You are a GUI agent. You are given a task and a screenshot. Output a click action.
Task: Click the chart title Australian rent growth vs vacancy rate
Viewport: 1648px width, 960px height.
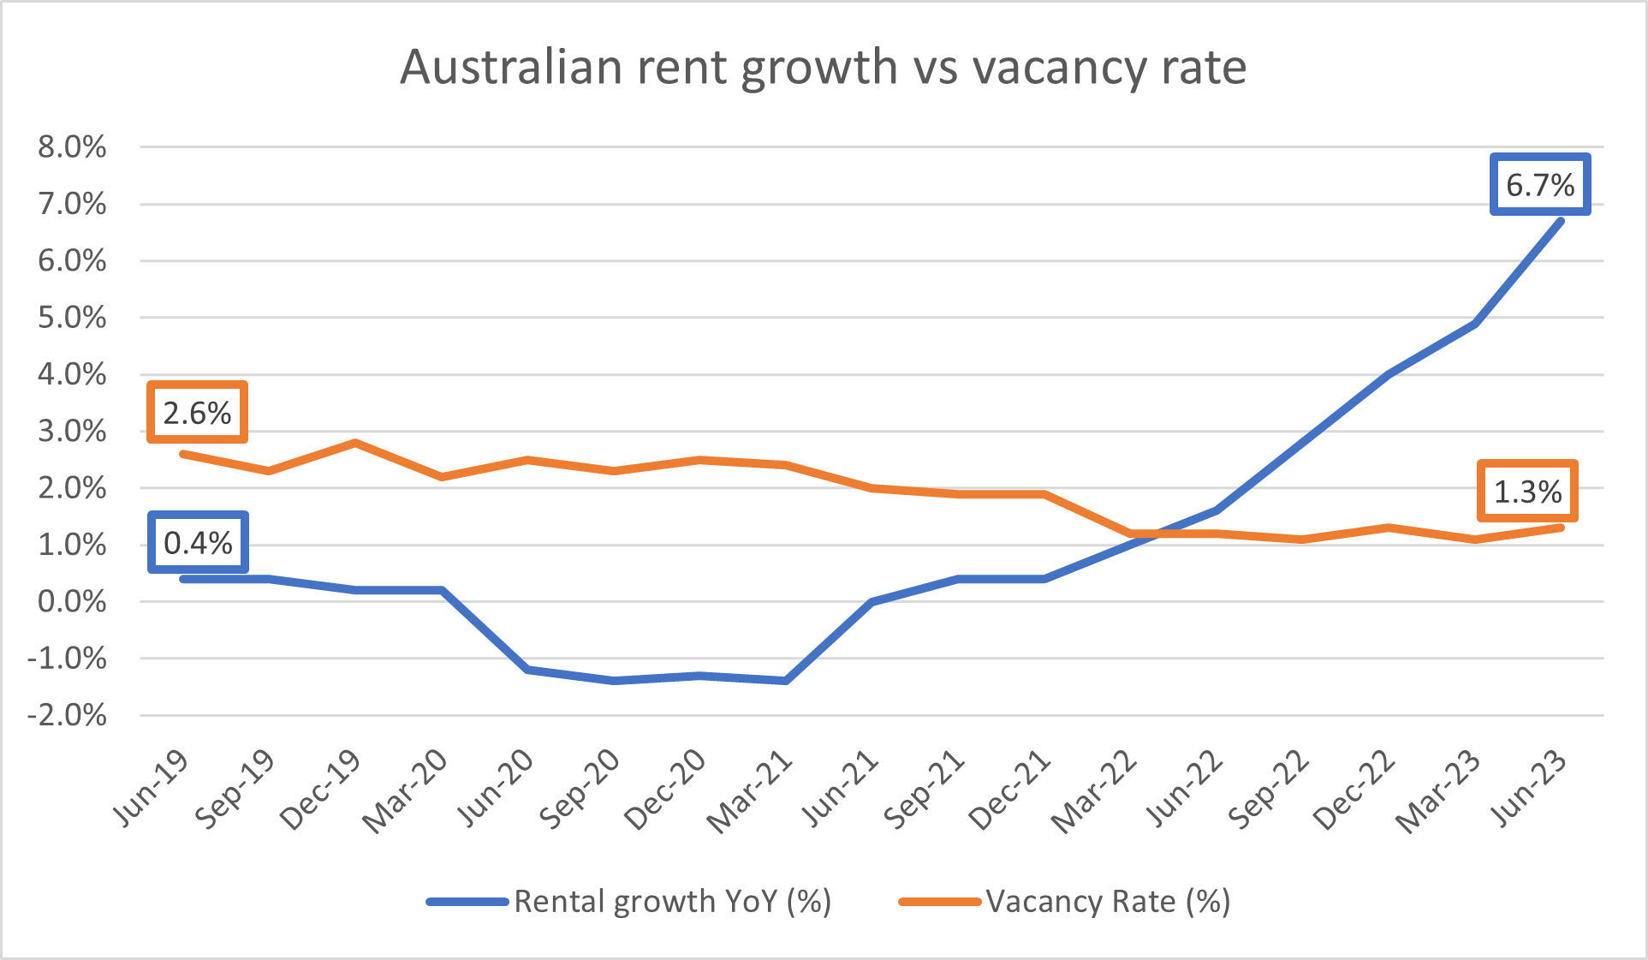coord(823,67)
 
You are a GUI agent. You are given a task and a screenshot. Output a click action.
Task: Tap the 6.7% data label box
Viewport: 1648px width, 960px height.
coord(1540,184)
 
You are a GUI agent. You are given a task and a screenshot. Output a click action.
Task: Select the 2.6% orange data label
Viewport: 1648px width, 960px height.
coord(197,413)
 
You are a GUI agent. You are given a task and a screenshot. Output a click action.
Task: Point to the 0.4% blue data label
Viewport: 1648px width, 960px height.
coord(198,542)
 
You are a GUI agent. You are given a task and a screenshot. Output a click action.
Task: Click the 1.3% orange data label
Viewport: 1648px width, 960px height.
coord(1527,492)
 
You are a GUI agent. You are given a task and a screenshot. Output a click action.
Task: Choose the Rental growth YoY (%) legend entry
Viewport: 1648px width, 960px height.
coord(629,901)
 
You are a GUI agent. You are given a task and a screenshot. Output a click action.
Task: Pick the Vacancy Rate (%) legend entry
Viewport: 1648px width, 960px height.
coord(1065,901)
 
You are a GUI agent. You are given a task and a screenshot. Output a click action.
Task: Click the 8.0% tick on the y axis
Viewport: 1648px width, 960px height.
coord(72,147)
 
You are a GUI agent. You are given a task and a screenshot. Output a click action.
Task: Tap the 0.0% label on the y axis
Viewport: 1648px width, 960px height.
coord(72,601)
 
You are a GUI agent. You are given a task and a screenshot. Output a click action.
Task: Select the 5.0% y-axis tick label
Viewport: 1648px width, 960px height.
coord(72,318)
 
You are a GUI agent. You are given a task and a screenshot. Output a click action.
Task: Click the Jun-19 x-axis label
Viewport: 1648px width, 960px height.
coord(152,789)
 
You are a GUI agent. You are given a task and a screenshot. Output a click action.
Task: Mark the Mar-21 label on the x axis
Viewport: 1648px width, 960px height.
coord(750,792)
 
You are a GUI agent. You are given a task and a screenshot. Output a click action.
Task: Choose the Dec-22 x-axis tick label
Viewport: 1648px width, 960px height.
coord(1354,792)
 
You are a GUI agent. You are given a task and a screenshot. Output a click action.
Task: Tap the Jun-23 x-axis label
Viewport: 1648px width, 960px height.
coord(1530,789)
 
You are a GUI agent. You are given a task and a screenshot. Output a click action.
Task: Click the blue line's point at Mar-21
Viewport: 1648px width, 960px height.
coord(786,681)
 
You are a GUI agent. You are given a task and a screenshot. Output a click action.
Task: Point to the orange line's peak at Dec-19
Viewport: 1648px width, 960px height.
coord(355,443)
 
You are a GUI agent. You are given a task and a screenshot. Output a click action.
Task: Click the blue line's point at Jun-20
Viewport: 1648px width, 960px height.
coord(527,670)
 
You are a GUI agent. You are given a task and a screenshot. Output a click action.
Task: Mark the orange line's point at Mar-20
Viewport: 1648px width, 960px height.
coord(442,477)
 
